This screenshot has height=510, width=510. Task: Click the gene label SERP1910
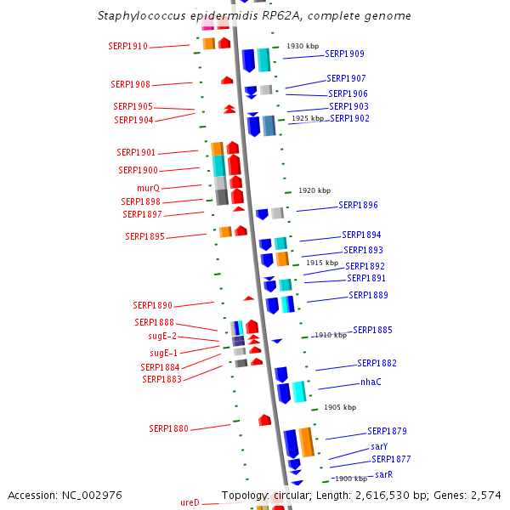(128, 47)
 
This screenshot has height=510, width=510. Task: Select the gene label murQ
(148, 188)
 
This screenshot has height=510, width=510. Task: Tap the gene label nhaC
(371, 382)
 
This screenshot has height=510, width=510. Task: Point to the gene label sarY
(379, 446)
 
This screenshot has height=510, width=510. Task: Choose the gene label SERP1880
(168, 429)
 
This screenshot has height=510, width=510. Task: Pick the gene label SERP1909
(344, 54)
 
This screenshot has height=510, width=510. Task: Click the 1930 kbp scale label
(302, 46)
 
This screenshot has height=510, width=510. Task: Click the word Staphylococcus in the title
(144, 16)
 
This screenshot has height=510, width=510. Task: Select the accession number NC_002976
(93, 495)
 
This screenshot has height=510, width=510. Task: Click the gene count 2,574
(485, 495)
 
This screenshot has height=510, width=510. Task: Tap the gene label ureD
(190, 503)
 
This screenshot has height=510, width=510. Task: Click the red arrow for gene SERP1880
(264, 420)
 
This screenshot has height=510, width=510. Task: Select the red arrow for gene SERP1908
(227, 80)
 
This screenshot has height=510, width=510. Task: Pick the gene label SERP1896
(358, 206)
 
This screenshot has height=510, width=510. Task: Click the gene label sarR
(383, 474)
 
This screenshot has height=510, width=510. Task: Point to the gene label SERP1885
(372, 330)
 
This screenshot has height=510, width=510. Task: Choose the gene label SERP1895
(144, 236)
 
